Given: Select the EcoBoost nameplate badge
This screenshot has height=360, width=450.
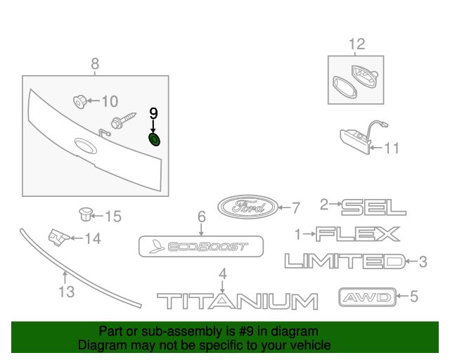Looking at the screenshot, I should (200, 247).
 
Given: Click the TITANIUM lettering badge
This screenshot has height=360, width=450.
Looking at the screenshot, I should (236, 302).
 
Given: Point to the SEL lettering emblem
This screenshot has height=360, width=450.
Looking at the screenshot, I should (373, 206).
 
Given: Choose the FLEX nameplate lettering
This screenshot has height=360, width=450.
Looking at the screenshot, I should (357, 234).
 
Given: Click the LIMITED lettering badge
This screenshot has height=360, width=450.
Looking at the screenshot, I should (345, 262).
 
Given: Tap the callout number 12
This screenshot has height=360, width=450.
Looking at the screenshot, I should (356, 44).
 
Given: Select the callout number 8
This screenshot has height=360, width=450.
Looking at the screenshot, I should (95, 65).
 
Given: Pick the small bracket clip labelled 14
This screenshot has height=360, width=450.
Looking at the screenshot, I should (57, 238).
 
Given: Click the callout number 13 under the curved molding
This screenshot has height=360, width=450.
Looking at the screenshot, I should (66, 291).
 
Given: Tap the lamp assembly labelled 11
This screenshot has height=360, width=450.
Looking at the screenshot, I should (357, 136).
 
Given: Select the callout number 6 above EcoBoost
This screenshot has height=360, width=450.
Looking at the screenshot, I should (201, 217).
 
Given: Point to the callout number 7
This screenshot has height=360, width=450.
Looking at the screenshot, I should (296, 207).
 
